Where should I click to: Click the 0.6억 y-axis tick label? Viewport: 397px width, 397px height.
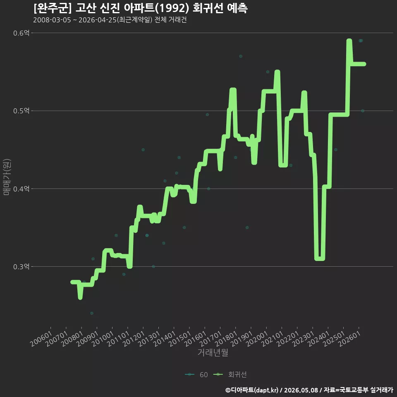coord(21,33)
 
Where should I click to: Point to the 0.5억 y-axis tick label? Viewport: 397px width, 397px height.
coord(21,111)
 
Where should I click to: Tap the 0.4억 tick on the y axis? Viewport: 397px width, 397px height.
coord(21,189)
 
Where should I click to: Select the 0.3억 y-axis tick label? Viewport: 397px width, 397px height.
coord(21,267)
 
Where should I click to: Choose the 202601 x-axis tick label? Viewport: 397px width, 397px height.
coord(349,339)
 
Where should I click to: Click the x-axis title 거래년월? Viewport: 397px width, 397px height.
coord(213,352)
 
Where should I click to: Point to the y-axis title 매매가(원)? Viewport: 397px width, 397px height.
coord(7,177)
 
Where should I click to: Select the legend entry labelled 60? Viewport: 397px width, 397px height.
coord(196,375)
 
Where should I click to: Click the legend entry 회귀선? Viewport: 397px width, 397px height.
coord(230,375)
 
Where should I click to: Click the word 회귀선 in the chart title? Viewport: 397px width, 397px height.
coord(208,8)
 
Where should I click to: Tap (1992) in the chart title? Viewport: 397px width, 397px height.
coord(172,8)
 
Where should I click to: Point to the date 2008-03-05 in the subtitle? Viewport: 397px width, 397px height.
coord(52,20)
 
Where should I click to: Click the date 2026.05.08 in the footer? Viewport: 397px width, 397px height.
coord(301,390)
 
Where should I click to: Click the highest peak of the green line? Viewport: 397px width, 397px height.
coord(349,41)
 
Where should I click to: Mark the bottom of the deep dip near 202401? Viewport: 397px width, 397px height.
coord(320,259)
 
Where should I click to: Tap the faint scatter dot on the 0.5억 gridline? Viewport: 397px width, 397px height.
coord(363,111)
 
